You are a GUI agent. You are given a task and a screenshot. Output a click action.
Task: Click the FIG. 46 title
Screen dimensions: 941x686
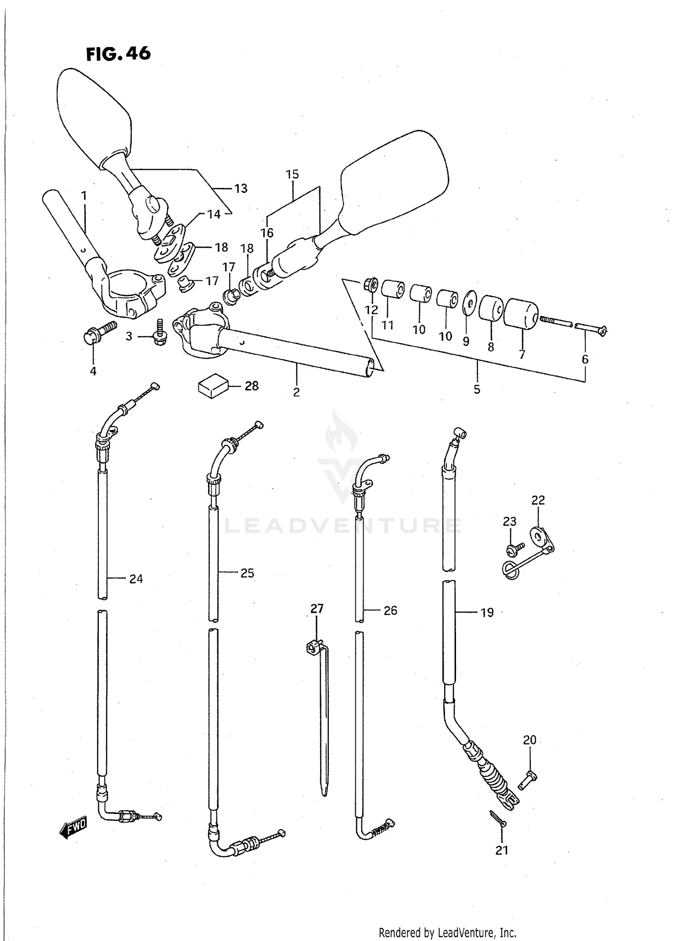pyautogui.click(x=118, y=54)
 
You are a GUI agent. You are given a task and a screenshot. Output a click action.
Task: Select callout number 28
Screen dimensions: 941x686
pyautogui.click(x=252, y=386)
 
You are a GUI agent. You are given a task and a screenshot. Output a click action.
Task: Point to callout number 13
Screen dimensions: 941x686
pyautogui.click(x=241, y=188)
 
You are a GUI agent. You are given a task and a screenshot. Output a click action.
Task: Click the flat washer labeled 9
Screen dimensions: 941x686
pyautogui.click(x=469, y=302)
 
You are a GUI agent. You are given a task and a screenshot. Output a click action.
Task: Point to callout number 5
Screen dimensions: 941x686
pyautogui.click(x=477, y=389)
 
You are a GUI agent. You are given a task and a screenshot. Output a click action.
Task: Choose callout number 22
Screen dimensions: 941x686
pyautogui.click(x=538, y=500)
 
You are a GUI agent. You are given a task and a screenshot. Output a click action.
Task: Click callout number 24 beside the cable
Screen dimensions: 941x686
pyautogui.click(x=136, y=579)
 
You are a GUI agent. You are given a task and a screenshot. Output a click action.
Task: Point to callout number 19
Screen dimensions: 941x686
pyautogui.click(x=488, y=612)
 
